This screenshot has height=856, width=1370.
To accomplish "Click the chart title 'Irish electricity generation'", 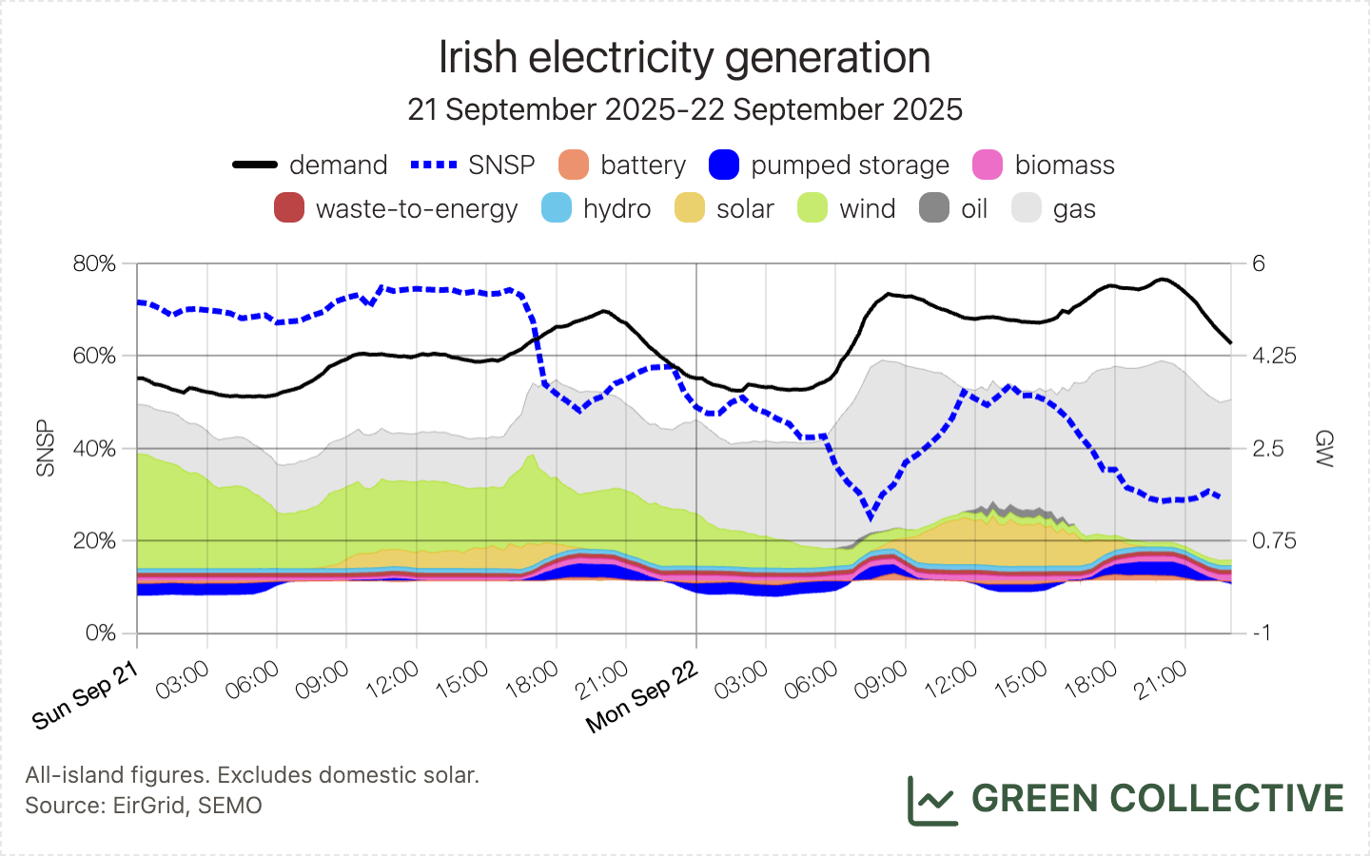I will point(684,58).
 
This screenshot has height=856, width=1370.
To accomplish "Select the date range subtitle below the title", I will point(684,109).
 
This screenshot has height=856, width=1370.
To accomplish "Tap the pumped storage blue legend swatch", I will point(724,165).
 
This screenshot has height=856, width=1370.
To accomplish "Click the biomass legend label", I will point(1064,165).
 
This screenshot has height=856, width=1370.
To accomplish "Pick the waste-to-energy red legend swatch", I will point(289,208).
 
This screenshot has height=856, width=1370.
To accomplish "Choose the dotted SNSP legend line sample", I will point(434,165).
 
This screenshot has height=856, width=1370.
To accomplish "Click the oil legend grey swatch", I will point(934,208).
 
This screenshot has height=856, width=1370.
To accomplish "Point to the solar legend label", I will point(744,208).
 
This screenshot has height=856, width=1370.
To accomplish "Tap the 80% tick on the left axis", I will point(94,263).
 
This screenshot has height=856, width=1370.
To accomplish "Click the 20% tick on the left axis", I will point(94,540).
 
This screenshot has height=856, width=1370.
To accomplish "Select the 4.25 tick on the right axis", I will point(1274,356).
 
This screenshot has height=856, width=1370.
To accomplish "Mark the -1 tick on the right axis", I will point(1262,632).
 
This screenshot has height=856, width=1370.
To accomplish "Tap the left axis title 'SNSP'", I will point(45,448).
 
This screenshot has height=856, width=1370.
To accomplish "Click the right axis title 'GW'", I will point(1323,448).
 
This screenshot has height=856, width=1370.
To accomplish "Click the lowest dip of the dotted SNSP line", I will point(870,516).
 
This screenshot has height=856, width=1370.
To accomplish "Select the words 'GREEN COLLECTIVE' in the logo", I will point(1157,799).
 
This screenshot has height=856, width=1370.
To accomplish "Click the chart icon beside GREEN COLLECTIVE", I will point(931,801).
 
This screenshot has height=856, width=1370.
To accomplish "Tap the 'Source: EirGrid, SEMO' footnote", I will point(144,806).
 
